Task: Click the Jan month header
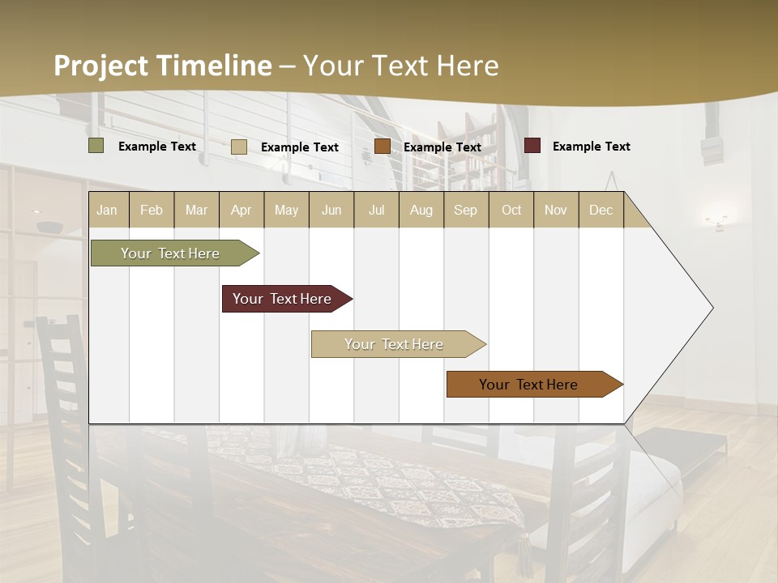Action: click(x=107, y=210)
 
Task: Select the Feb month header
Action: click(x=152, y=210)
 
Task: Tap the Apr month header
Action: click(x=241, y=210)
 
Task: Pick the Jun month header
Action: click(x=331, y=210)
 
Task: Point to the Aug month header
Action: click(x=421, y=210)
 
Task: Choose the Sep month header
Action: click(x=465, y=210)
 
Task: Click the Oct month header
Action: click(x=511, y=210)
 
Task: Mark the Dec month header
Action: click(x=601, y=210)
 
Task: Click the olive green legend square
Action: click(x=96, y=146)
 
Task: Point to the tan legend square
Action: click(x=239, y=147)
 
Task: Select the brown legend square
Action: click(x=383, y=146)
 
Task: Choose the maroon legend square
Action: click(x=532, y=146)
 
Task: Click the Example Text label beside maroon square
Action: click(x=591, y=147)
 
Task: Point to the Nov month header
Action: click(x=555, y=210)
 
